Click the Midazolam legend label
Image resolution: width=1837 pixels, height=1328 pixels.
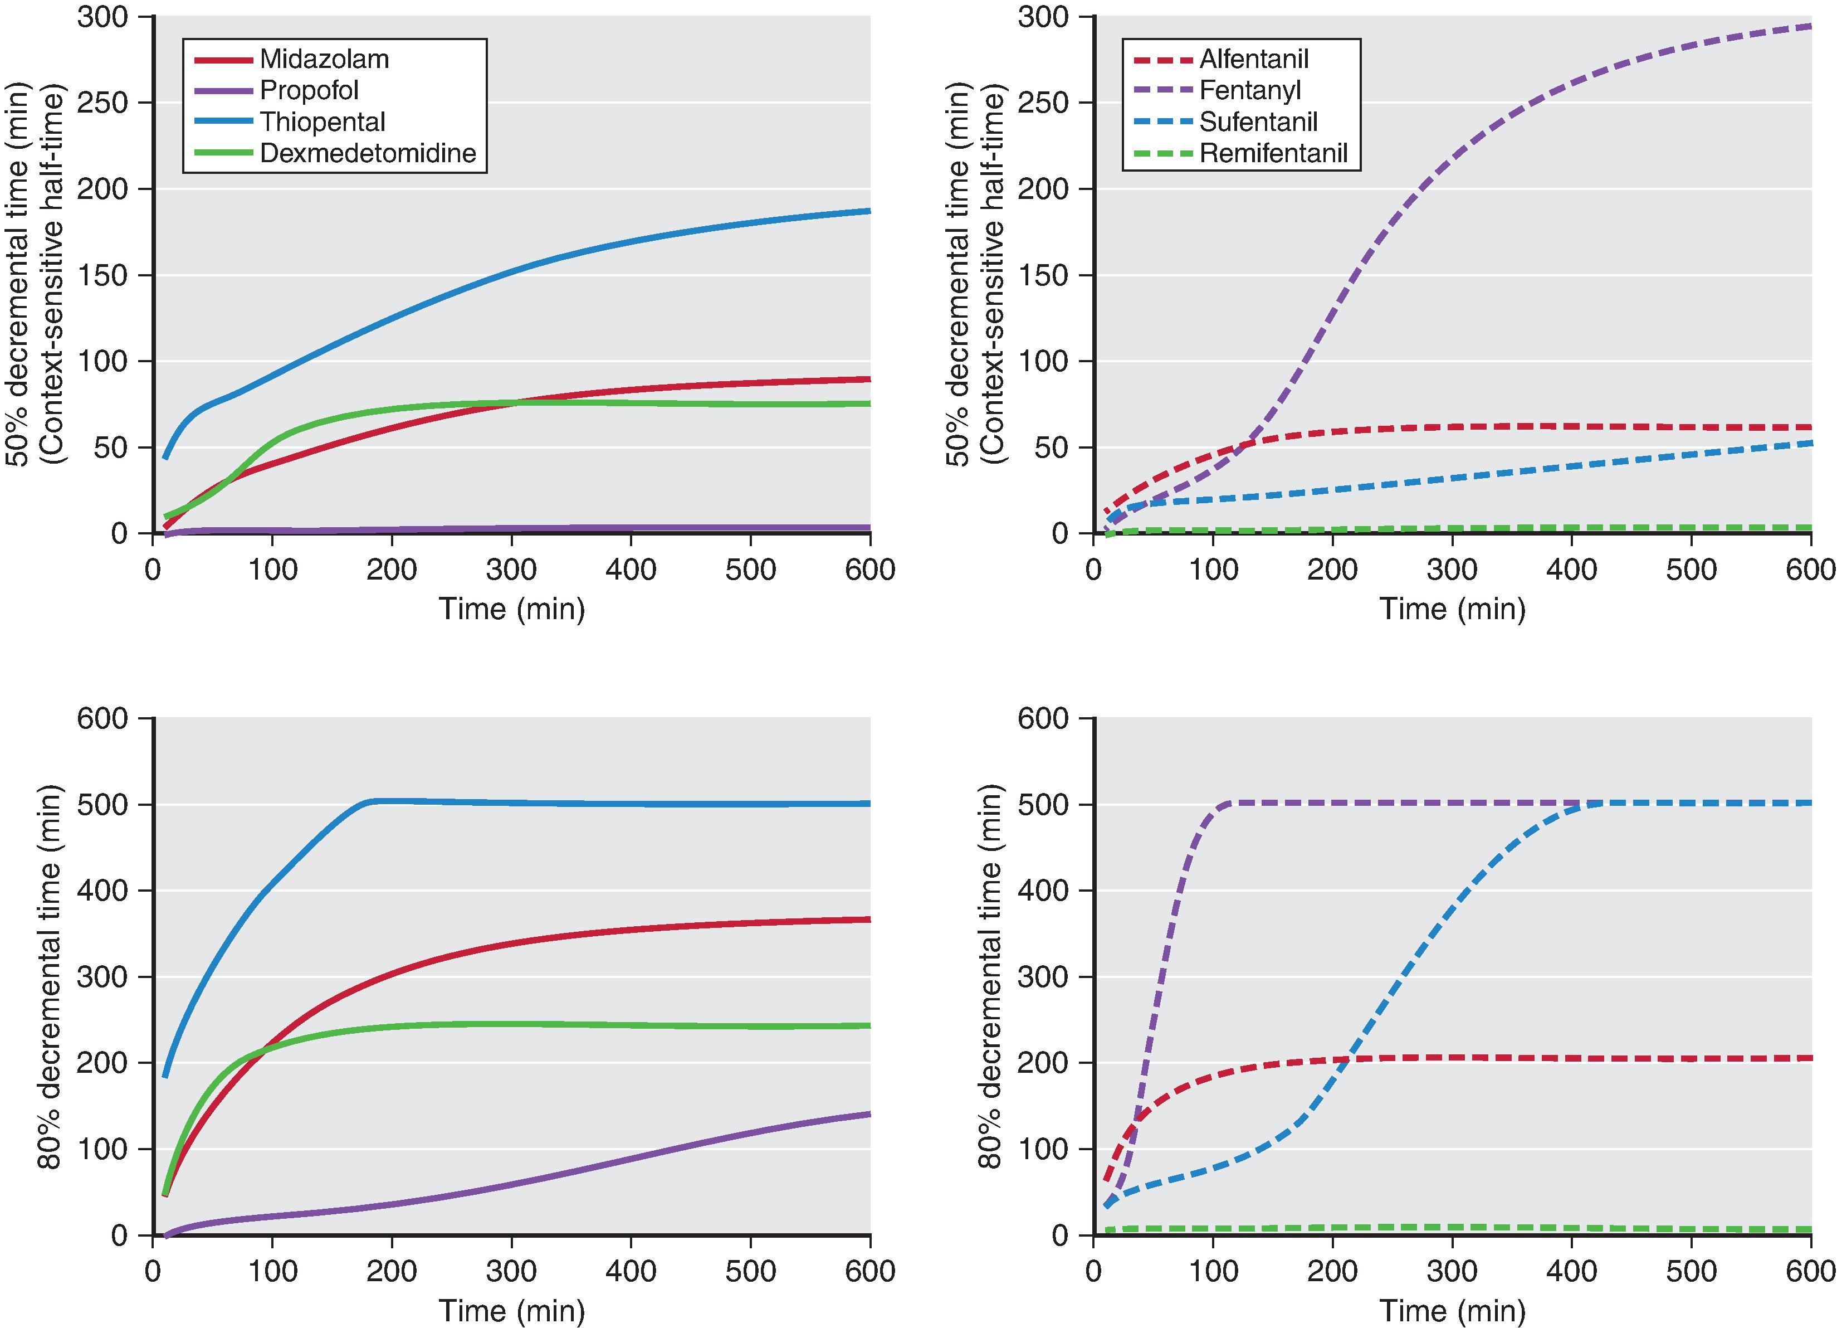coord(324,59)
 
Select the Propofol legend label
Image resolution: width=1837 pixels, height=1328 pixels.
coord(309,91)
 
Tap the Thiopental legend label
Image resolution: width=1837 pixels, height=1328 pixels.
coord(323,123)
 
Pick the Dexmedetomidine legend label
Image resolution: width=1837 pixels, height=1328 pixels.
coord(368,153)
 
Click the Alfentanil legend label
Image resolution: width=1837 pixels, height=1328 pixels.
coord(1254,59)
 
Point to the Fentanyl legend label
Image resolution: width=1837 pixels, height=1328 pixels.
coord(1250,91)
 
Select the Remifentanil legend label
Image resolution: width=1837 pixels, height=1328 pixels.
coord(1273,153)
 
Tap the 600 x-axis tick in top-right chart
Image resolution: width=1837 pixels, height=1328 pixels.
coord(1810,570)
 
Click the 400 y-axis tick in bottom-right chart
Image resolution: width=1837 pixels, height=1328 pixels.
coord(1043,891)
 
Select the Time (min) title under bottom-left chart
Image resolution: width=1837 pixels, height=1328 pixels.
coord(512,1310)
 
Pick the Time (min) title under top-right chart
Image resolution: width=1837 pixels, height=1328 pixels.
coord(1452,609)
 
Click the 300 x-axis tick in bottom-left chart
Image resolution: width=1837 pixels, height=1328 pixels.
coord(512,1271)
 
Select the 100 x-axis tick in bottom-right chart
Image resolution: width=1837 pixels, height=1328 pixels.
coord(1213,1271)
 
